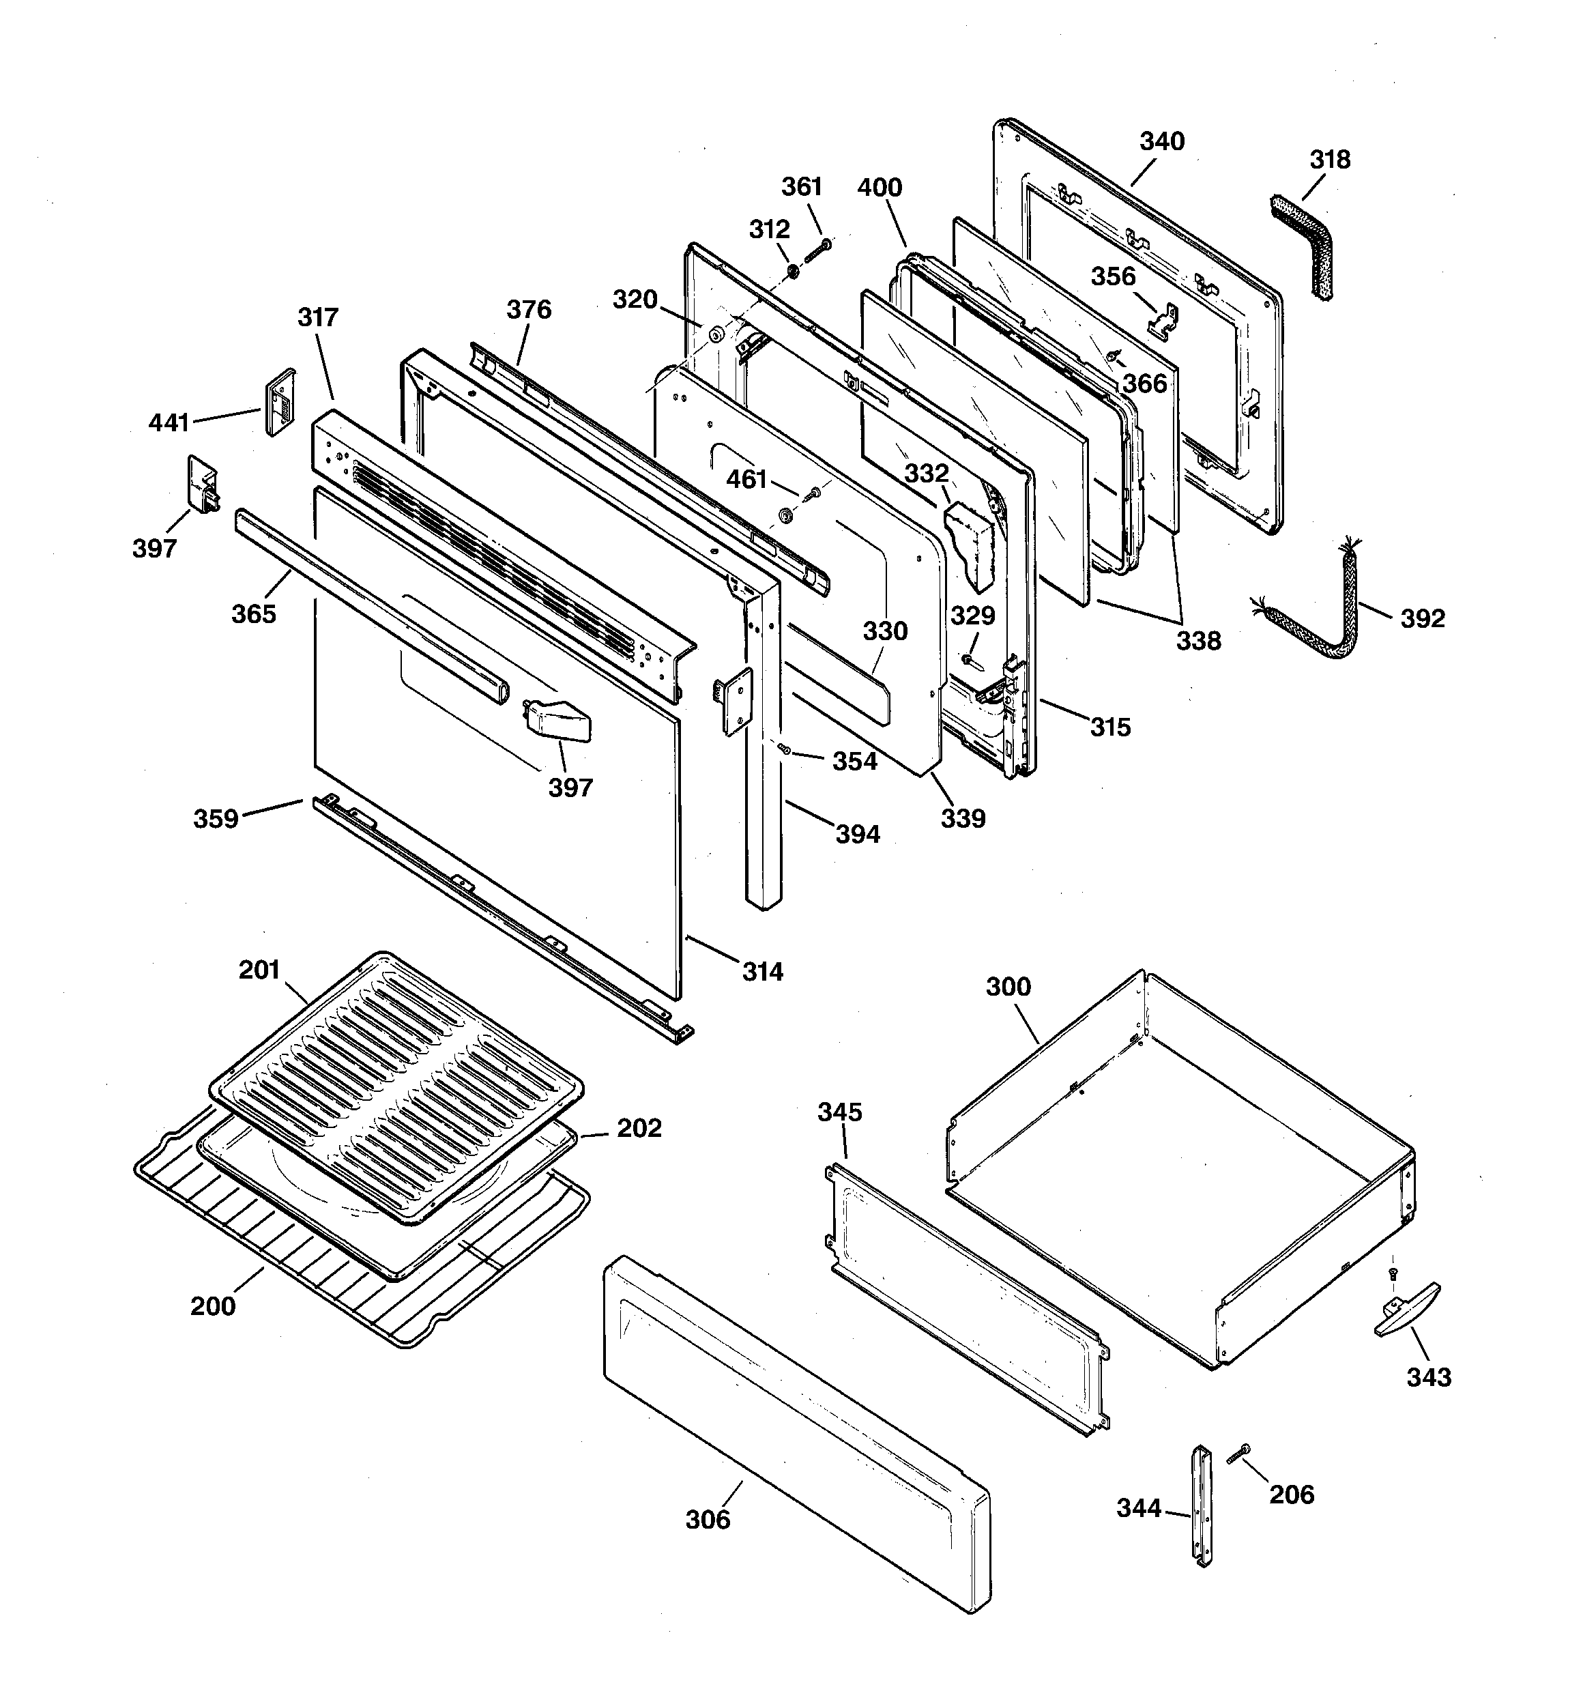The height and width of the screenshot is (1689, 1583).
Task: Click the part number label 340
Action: pos(1161,141)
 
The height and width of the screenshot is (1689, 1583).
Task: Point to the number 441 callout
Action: pos(169,422)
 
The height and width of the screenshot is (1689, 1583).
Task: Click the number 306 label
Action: pos(708,1519)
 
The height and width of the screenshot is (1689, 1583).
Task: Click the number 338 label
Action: pos(1198,641)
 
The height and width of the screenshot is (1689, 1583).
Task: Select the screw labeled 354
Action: pos(784,748)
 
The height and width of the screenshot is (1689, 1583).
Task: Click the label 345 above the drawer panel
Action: pos(839,1112)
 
